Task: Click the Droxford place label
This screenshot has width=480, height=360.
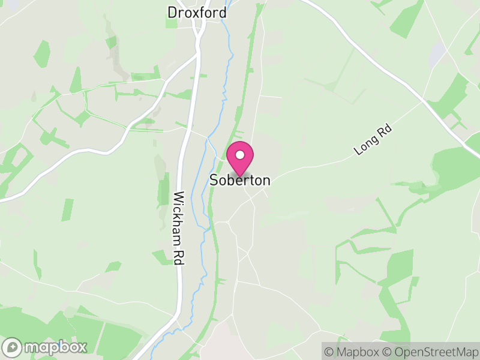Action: point(197,13)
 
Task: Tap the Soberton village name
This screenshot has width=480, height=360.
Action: point(239,180)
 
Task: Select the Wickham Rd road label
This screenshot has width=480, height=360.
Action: point(178,228)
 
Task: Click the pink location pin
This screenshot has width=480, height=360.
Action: point(240,157)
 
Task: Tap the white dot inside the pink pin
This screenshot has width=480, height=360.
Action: point(240,154)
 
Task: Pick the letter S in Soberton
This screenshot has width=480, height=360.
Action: point(213,180)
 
